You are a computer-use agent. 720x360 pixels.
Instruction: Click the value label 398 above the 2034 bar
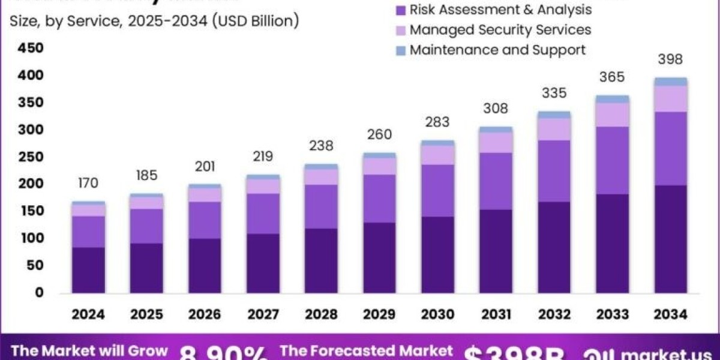pyautogui.click(x=670, y=59)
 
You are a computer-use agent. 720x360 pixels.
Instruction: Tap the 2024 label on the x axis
pyautogui.click(x=88, y=314)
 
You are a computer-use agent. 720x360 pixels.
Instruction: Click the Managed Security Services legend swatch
pyautogui.click(x=401, y=30)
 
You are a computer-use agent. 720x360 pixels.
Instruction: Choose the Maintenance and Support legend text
pyautogui.click(x=497, y=50)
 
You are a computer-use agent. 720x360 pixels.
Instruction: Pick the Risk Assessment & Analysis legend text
pyautogui.click(x=501, y=10)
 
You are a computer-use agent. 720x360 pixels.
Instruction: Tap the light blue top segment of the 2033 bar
pyautogui.click(x=612, y=99)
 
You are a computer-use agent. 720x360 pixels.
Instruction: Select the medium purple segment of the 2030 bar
pyautogui.click(x=437, y=190)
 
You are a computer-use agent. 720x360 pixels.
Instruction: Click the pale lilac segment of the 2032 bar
pyautogui.click(x=554, y=129)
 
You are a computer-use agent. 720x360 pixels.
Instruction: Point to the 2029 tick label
pyautogui.click(x=379, y=314)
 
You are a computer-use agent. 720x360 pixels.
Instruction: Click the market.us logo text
pyautogui.click(x=666, y=352)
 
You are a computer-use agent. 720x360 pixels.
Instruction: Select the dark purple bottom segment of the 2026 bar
pyautogui.click(x=205, y=265)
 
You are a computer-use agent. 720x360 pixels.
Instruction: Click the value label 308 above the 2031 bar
pyautogui.click(x=496, y=109)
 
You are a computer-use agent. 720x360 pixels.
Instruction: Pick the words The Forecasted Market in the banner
pyautogui.click(x=366, y=351)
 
